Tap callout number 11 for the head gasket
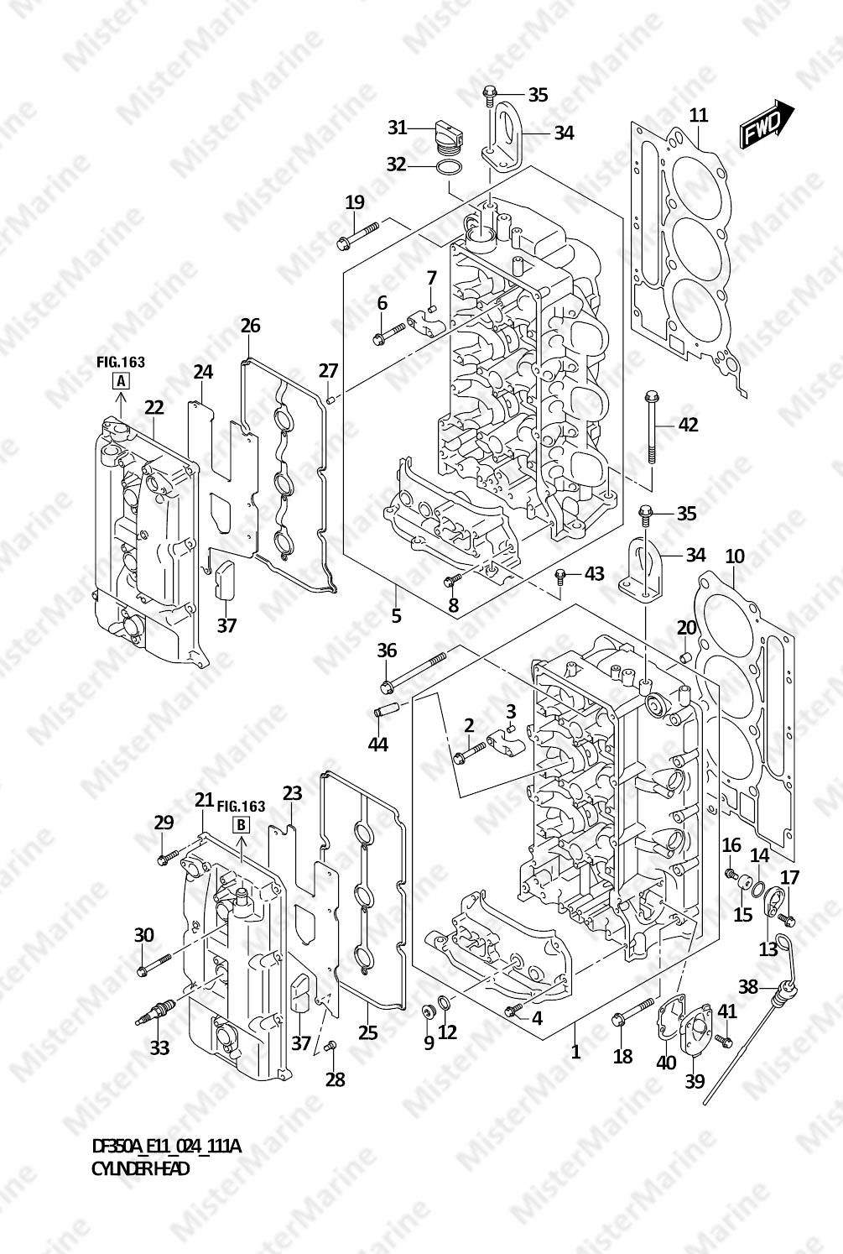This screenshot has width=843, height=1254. pyautogui.click(x=698, y=115)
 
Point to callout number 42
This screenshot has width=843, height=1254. pyautogui.click(x=688, y=425)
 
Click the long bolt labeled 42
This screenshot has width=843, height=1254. pyautogui.click(x=651, y=428)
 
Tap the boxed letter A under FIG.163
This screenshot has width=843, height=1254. pyautogui.click(x=120, y=382)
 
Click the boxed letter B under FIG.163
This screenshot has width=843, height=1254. pyautogui.click(x=241, y=824)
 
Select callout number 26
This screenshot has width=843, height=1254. pyautogui.click(x=251, y=326)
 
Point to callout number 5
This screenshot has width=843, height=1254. pyautogui.click(x=396, y=616)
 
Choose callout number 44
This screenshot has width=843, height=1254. pyautogui.click(x=378, y=744)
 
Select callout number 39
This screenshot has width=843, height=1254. pyautogui.click(x=695, y=1081)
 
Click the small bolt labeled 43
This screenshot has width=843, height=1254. pyautogui.click(x=560, y=576)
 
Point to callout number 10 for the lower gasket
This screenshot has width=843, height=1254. pyautogui.click(x=735, y=556)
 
